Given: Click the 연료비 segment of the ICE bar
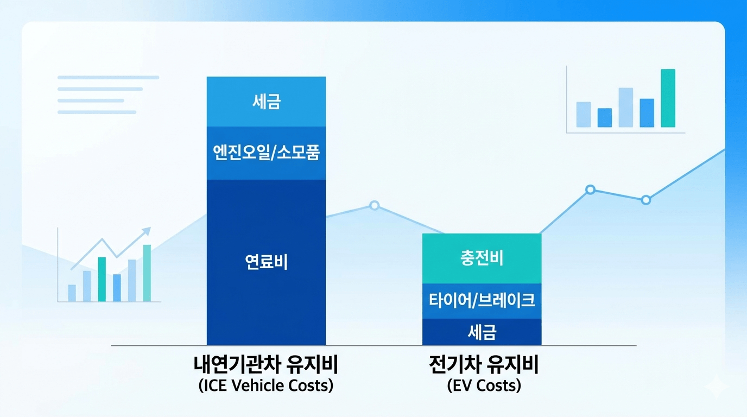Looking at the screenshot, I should coord(266,262).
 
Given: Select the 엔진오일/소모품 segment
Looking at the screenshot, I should coord(266,153).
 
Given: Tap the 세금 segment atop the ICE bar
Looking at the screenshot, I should coord(266,102).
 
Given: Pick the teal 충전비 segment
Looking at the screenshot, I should coord(482,258).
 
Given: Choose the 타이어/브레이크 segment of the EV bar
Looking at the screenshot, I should coord(482,300).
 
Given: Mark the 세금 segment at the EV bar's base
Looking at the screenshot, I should coord(482,332).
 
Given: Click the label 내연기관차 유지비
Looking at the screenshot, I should coord(266,365).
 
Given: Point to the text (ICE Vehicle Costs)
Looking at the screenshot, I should coord(266,386).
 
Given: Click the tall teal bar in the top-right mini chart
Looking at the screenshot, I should coord(668,98).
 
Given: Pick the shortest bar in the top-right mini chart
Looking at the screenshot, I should coord(604,117).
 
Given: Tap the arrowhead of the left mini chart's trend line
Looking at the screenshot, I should coord(147,231).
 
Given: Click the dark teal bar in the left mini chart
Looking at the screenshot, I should coord(102,279).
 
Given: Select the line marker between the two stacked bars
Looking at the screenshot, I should coord(374,205).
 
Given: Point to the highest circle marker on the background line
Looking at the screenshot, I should coord(590,189).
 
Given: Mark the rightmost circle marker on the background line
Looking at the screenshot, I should coord(645,200).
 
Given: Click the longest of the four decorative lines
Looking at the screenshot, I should coord(108,78).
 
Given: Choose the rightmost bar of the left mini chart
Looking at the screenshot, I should coord(147,273).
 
